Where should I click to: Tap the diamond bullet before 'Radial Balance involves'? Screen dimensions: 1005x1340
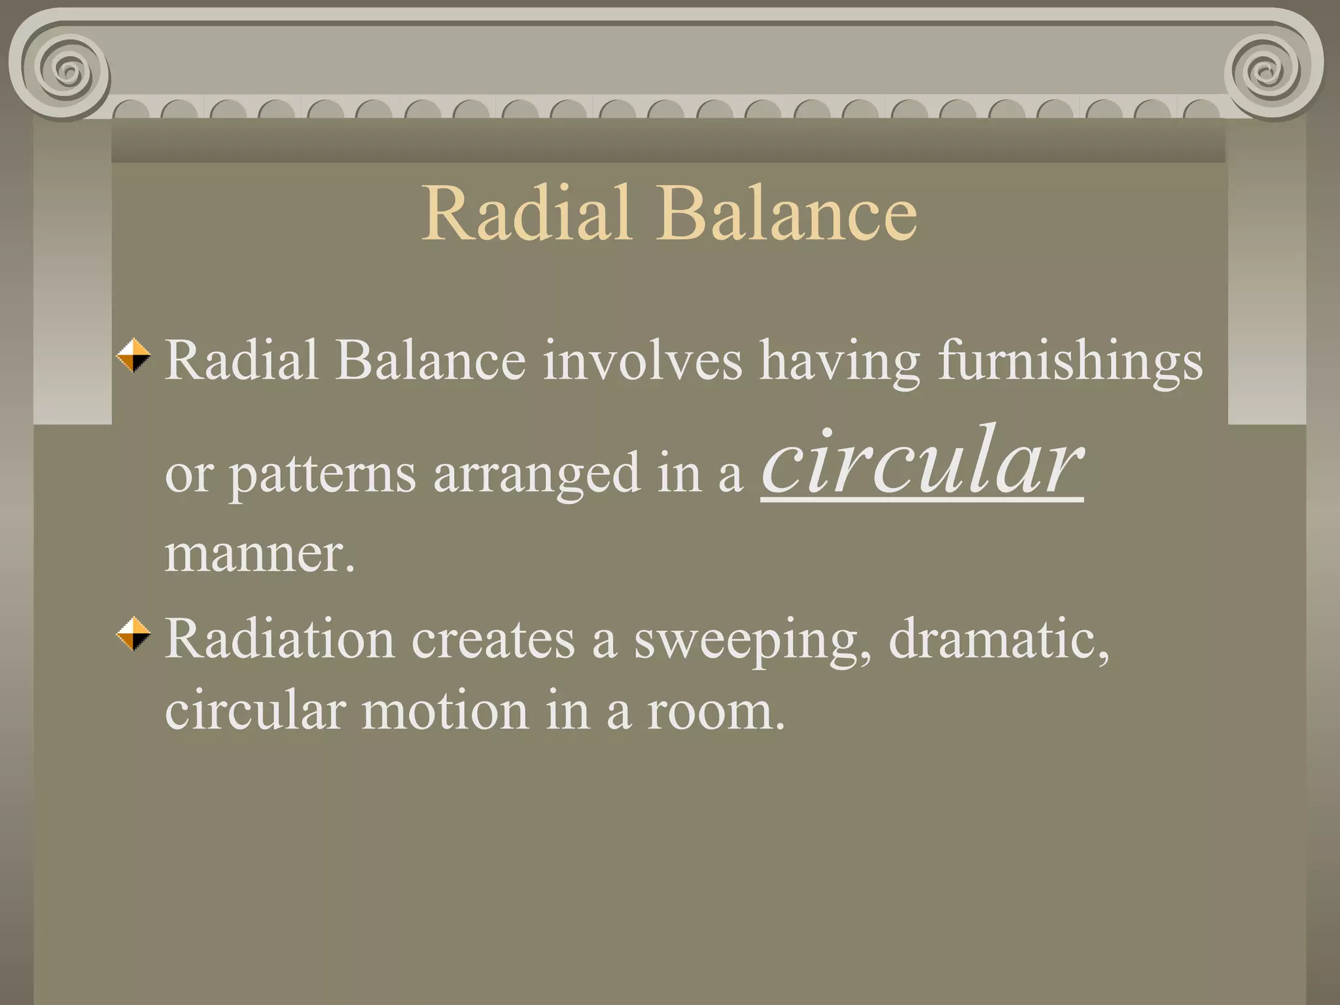[134, 355]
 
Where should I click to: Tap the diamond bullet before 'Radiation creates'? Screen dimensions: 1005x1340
[134, 633]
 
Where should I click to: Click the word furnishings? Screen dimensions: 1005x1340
[1070, 361]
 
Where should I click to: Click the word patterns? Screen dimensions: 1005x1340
[322, 475]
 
